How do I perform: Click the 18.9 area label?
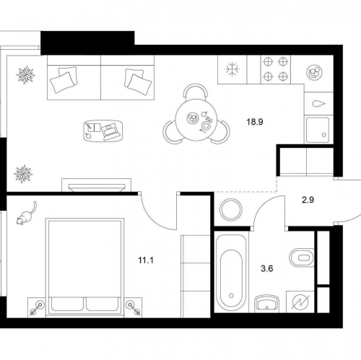coord(255,122)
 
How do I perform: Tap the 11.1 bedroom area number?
coord(146,260)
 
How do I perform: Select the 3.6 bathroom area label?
coord(267,268)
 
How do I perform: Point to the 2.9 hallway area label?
coord(308,200)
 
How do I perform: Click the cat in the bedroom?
coord(27,214)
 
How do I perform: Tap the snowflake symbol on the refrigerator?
coord(232,69)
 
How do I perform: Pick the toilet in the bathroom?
coord(302,258)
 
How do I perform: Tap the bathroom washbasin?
coord(267,304)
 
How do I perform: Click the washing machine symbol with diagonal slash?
coord(300,302)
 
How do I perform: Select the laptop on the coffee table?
coord(110,131)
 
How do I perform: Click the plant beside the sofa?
coord(25,75)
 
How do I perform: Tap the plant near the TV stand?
coord(23,174)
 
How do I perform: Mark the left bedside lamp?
coord(38,308)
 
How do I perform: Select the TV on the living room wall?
coord(97,188)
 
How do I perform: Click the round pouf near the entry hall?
coord(231,208)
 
